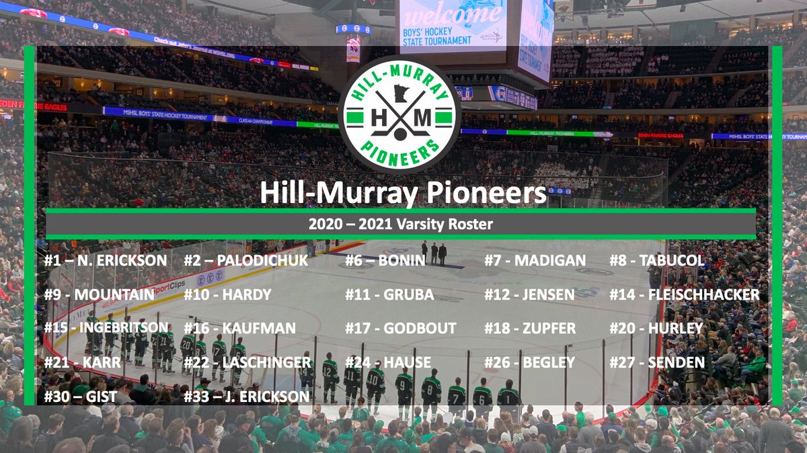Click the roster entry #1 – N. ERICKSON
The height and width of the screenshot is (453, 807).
(x=106, y=260)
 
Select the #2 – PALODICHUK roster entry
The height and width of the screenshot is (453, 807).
(x=246, y=260)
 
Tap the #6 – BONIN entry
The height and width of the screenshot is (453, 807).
(x=385, y=260)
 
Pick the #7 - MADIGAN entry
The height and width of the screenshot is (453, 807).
(x=535, y=260)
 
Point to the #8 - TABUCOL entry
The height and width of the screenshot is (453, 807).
(x=656, y=260)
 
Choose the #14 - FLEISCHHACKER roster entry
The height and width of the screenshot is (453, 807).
(x=684, y=294)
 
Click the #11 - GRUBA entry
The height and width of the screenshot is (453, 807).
(x=389, y=294)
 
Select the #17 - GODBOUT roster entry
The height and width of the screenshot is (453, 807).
(x=401, y=329)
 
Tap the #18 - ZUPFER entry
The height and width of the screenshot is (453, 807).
(x=530, y=329)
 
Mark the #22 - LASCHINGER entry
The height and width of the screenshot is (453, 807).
(x=247, y=363)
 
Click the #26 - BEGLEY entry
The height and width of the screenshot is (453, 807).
(x=529, y=363)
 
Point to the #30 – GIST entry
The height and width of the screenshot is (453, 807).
(x=80, y=397)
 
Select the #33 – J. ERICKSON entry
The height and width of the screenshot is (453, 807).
(x=246, y=397)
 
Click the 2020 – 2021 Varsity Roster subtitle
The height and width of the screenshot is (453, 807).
(x=401, y=224)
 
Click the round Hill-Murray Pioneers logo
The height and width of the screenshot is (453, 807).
(x=399, y=115)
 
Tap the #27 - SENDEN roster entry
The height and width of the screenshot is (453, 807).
(x=656, y=363)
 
